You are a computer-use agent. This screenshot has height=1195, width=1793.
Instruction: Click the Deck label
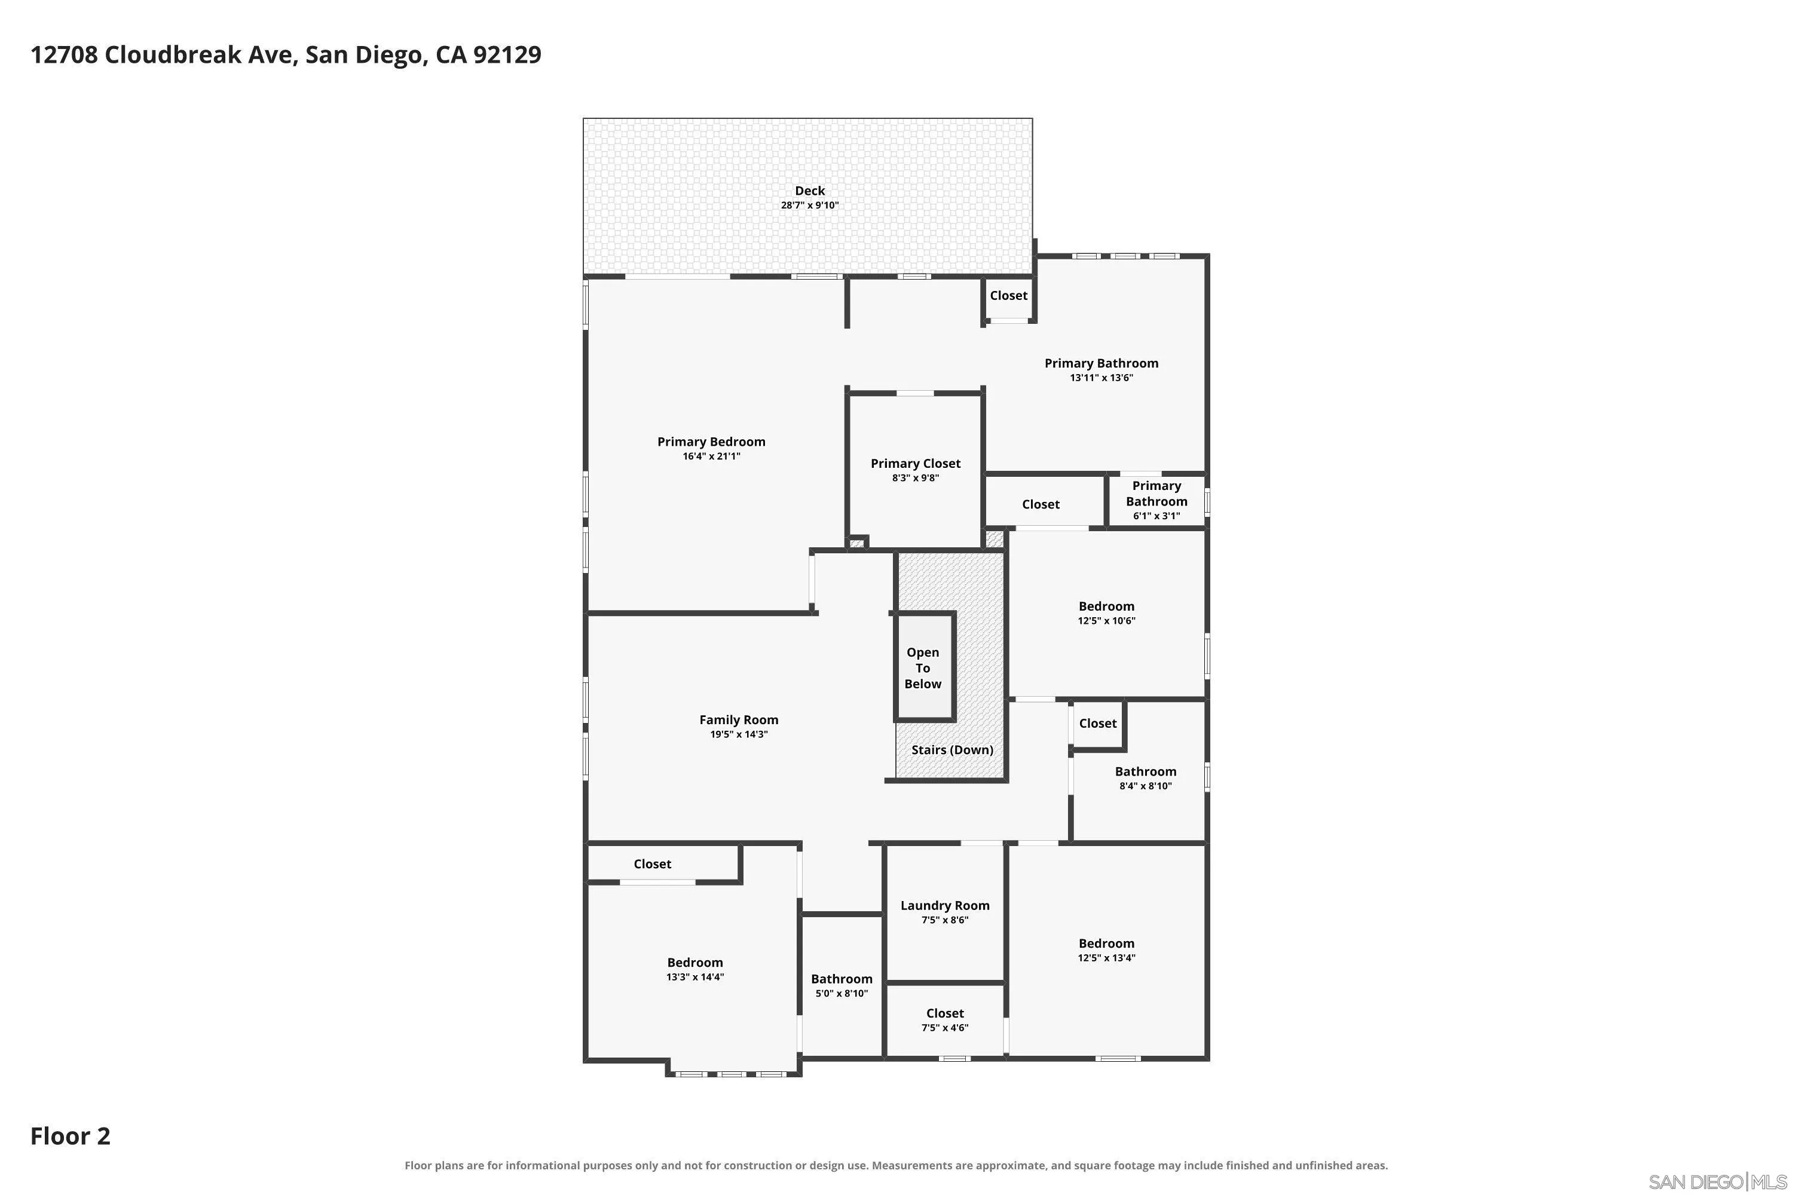click(810, 191)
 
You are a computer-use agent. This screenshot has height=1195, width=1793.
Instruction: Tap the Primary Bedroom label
click(711, 442)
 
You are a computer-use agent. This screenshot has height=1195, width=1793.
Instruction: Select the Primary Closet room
click(915, 470)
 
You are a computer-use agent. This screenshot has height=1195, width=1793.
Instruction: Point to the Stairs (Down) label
click(952, 750)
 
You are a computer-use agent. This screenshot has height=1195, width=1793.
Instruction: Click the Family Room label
click(739, 720)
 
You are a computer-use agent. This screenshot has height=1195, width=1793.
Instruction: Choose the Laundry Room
click(944, 912)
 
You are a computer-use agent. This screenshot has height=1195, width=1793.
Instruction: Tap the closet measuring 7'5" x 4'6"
click(944, 1021)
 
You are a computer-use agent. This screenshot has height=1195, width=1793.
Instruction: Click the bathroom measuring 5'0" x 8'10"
click(842, 985)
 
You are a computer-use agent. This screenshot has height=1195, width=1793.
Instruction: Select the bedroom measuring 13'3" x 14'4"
click(694, 969)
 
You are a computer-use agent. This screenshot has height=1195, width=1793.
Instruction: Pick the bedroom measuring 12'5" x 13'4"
click(1106, 951)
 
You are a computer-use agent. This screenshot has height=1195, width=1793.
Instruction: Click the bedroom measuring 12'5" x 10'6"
click(1106, 614)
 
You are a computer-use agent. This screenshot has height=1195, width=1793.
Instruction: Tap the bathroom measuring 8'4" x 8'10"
click(1145, 777)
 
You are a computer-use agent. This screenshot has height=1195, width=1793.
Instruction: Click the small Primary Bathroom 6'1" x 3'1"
click(1156, 500)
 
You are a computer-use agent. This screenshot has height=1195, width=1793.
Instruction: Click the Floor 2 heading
click(70, 1136)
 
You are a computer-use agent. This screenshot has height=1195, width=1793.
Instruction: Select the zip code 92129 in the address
click(507, 55)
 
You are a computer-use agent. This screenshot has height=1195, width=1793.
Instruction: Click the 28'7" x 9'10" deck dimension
click(810, 206)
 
